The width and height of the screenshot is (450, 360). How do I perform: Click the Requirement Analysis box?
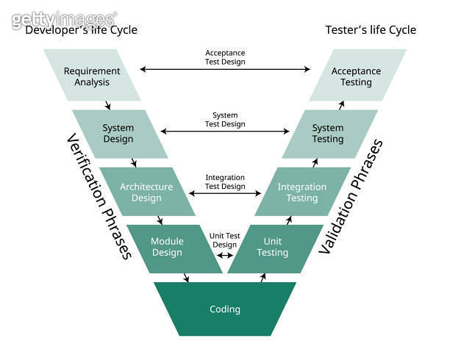tap(92, 76)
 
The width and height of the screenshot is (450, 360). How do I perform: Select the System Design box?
tap(118, 134)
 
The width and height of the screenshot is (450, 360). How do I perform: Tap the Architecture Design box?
tap(146, 192)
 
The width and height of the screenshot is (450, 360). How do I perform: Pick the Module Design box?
tap(167, 248)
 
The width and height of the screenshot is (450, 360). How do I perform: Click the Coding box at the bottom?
tap(225, 309)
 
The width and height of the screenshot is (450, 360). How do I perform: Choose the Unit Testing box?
tap(273, 248)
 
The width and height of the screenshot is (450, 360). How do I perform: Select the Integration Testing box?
tap(302, 192)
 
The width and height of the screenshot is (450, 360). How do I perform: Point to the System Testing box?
tap(328, 134)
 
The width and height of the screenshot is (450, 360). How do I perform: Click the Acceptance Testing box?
tap(357, 76)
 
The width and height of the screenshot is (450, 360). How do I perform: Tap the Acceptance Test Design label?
tap(225, 57)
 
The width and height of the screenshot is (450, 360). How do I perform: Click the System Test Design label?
tap(225, 120)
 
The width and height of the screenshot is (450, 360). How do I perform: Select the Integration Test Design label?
tap(225, 181)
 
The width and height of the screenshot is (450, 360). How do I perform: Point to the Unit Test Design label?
tap(225, 240)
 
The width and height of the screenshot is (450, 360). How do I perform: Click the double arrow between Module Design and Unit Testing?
tap(225, 256)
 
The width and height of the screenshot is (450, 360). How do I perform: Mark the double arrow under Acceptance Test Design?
tap(225, 70)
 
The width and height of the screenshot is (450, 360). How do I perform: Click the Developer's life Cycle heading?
tap(81, 30)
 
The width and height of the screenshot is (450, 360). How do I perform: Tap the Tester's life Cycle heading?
tap(371, 30)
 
